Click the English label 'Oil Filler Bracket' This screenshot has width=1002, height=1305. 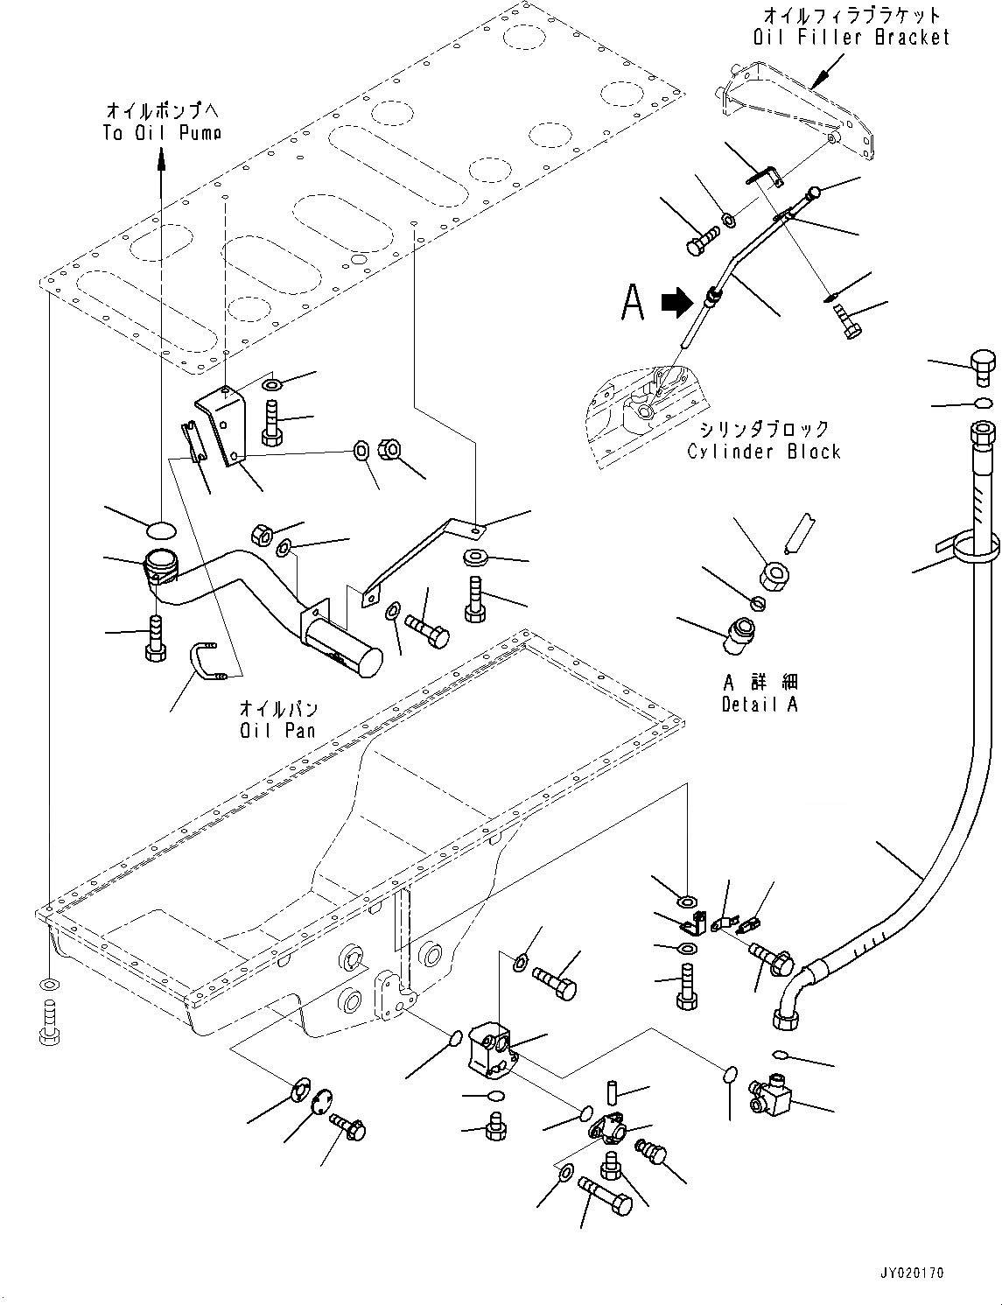point(851,37)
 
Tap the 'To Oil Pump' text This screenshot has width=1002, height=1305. point(162,132)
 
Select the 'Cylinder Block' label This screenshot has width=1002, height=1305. point(763,452)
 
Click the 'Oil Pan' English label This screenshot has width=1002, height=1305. point(278,729)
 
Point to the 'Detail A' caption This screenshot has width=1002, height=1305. point(760,703)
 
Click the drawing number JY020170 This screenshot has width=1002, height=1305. point(913,1273)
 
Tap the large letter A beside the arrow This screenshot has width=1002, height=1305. point(633,303)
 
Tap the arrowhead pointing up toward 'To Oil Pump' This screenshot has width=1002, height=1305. point(161,158)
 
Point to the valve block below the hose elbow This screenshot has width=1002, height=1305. point(769,1095)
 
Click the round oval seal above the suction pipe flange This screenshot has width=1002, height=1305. point(160,529)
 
